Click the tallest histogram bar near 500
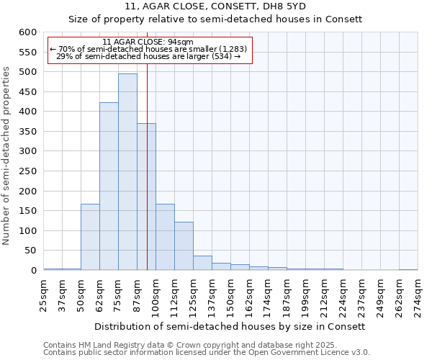coord(127,173)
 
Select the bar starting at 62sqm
coord(109,187)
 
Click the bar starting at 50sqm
coord(90,238)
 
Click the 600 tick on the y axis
coord(27,32)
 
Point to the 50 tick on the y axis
coord(30,251)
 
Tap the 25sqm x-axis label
coord(43,296)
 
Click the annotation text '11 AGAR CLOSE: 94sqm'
coord(148,42)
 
